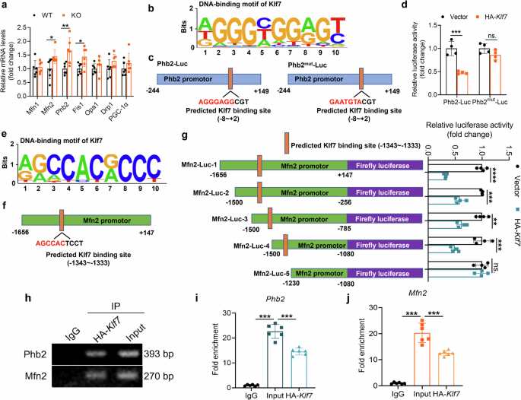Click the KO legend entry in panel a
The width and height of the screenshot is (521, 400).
74,15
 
